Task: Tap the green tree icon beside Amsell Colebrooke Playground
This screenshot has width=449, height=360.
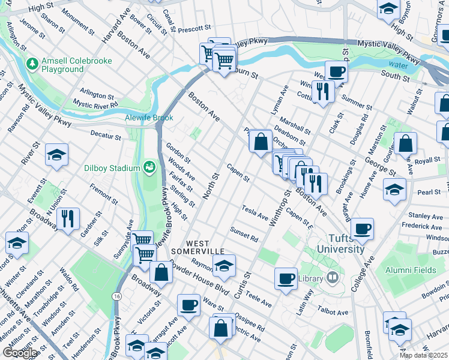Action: [32, 62]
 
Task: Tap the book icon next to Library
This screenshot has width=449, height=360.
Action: [332, 278]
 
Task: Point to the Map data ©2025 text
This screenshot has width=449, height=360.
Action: [424, 355]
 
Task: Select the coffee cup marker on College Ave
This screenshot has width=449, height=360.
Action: [362, 228]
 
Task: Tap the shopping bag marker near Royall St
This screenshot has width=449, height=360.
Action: [406, 143]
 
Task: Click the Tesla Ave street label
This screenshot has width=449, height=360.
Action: [255, 211]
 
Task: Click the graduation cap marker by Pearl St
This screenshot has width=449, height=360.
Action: [394, 190]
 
